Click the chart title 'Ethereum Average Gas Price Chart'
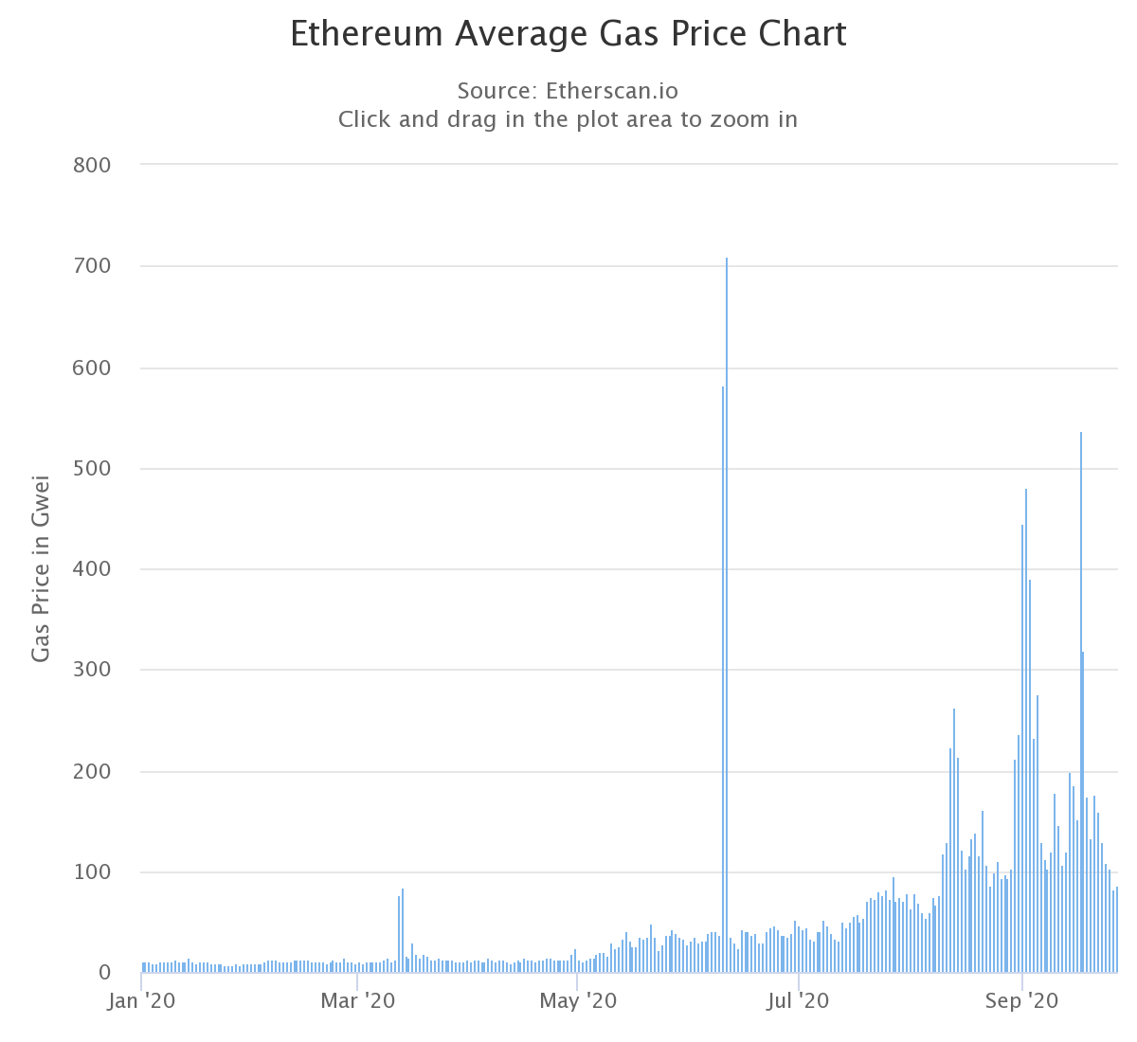tap(568, 34)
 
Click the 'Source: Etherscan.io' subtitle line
tap(568, 91)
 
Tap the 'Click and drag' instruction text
tap(568, 120)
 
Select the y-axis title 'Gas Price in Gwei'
tap(41, 568)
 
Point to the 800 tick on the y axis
tap(92, 166)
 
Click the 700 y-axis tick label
tap(92, 267)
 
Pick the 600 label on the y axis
tap(92, 368)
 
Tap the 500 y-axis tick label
tap(92, 469)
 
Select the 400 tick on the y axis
tap(92, 569)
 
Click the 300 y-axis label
tap(92, 671)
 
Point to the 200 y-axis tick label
tap(92, 772)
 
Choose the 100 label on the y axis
tap(92, 872)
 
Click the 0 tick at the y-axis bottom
tap(104, 973)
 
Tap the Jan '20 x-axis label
tap(141, 1000)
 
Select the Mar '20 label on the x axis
tap(358, 1000)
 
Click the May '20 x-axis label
tap(577, 1000)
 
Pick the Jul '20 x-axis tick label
tap(799, 1000)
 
